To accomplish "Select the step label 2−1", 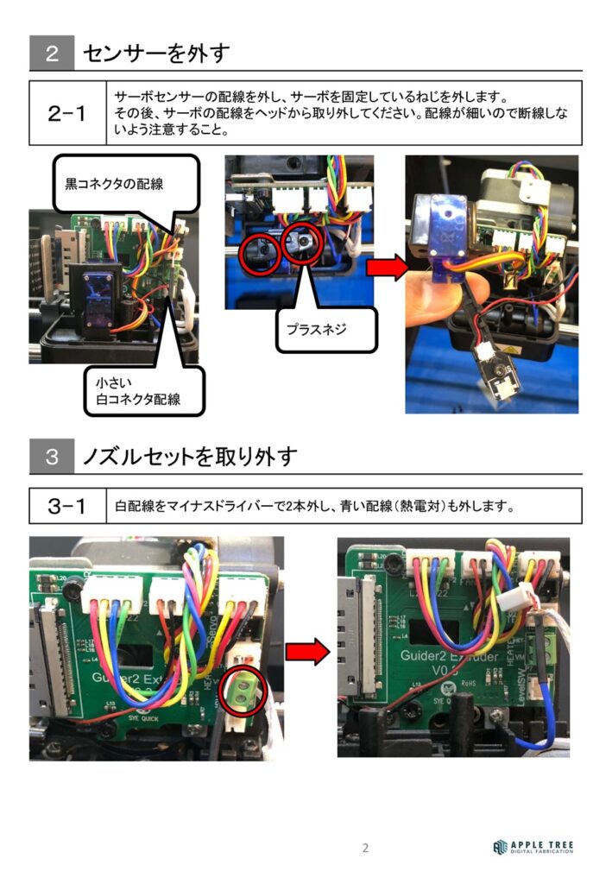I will [x=66, y=113].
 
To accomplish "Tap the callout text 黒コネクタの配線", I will [x=115, y=183].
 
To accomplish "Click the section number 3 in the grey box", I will [x=52, y=457].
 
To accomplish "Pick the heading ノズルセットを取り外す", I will [x=190, y=457].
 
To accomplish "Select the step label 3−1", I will [x=66, y=506].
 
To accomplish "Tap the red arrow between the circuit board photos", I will [x=306, y=650].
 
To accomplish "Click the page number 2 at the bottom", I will [x=365, y=848].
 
